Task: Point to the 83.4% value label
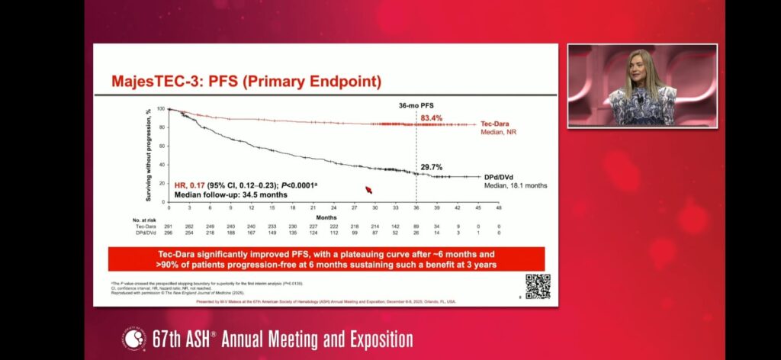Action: (x=432, y=117)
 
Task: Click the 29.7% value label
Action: (x=432, y=166)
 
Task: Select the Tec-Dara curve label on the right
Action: (x=500, y=123)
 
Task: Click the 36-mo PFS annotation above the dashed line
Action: (x=416, y=104)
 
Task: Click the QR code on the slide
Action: (x=538, y=286)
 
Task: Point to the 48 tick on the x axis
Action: (x=499, y=207)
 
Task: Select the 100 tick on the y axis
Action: (x=160, y=109)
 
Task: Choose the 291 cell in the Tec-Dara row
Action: (x=169, y=227)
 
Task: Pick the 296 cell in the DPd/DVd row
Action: (x=169, y=233)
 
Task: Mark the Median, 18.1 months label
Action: (x=515, y=185)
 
